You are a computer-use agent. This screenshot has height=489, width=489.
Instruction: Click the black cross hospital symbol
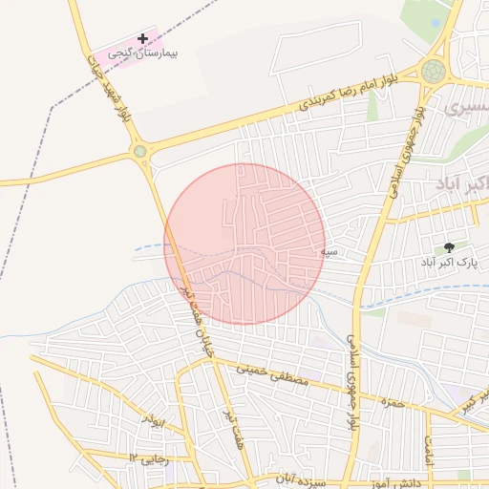(x=143, y=39)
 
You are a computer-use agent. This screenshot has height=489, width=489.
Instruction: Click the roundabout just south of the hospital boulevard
(x=140, y=150)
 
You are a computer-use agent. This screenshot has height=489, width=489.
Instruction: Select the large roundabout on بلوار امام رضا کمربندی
(x=434, y=71)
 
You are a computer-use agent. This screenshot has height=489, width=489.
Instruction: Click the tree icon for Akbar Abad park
(x=449, y=246)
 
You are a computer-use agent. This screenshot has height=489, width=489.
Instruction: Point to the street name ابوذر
(x=152, y=420)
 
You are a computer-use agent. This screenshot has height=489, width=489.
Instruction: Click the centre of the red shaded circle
(x=244, y=244)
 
